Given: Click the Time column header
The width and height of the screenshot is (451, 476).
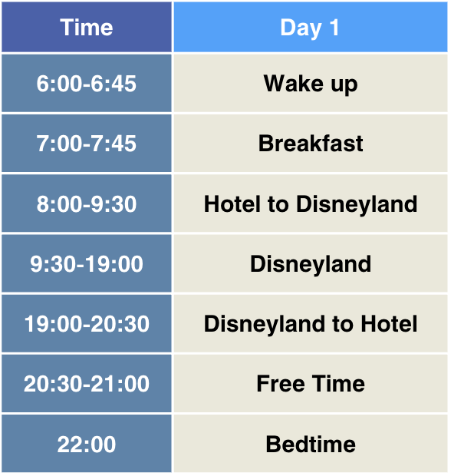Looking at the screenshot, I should (87, 28).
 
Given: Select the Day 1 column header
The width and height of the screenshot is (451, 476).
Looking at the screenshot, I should (310, 28).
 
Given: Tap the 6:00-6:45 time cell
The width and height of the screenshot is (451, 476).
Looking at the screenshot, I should (87, 83).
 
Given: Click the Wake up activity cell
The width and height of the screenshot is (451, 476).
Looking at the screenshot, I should (310, 83).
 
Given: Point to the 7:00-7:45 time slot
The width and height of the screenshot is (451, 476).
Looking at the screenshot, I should (87, 144).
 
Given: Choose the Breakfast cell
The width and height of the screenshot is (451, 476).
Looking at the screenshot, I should (310, 144).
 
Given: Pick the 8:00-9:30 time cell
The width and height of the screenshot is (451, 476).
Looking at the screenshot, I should (87, 203).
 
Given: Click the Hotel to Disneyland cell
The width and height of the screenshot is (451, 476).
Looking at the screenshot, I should (310, 203).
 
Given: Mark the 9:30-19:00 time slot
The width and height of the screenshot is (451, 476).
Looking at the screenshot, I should (87, 264).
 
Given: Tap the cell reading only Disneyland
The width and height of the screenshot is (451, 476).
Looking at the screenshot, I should (310, 264).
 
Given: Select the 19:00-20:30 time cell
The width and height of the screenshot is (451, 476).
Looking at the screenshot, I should (87, 324).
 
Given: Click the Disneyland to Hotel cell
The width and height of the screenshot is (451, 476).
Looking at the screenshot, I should (310, 324).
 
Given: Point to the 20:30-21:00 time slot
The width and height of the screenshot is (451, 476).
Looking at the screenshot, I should (87, 384).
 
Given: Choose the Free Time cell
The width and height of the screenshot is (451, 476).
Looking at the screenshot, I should (310, 384).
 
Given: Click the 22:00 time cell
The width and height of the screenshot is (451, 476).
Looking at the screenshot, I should (87, 444).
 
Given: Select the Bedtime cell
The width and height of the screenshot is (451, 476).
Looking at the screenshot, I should (310, 444).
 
